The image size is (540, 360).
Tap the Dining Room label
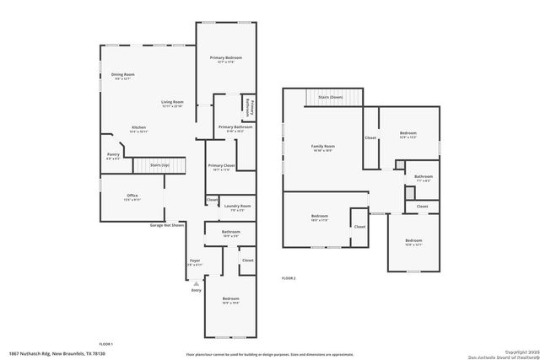123,75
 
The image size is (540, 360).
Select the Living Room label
172,103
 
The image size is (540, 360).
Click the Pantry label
112,155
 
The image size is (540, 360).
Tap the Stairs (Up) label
160,165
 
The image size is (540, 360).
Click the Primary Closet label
221,166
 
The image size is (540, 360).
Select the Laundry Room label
237,207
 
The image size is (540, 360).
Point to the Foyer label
194,261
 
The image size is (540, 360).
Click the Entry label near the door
196,290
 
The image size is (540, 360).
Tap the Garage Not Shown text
167,226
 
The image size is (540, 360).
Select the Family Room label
323,147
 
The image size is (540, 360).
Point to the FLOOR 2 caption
289,277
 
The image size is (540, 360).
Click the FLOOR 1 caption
105,344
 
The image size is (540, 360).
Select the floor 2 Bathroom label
423,176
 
